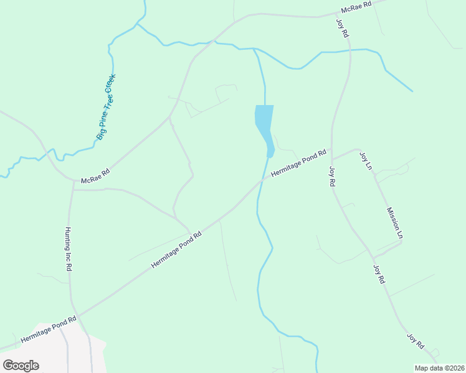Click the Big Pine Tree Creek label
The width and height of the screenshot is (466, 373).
tap(107, 107)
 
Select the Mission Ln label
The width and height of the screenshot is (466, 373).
tap(396, 223)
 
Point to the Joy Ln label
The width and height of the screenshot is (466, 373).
tap(366, 162)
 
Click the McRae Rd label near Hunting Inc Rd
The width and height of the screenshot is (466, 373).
tap(95, 176)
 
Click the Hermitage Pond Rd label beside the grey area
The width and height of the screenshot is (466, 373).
tap(48, 330)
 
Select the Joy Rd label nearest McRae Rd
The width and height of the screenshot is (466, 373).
tap(342, 29)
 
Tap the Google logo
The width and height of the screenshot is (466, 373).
tap(21, 366)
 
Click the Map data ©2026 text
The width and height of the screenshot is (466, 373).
tap(439, 368)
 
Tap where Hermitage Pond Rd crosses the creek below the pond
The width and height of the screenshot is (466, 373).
tap(264, 178)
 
